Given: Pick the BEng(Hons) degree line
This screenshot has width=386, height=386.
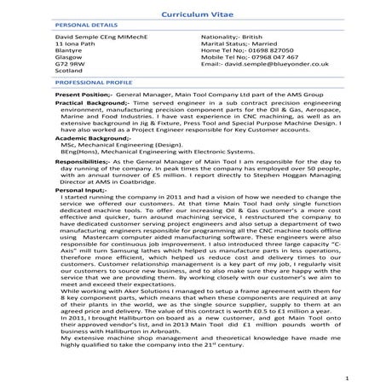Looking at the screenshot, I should (129, 152).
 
